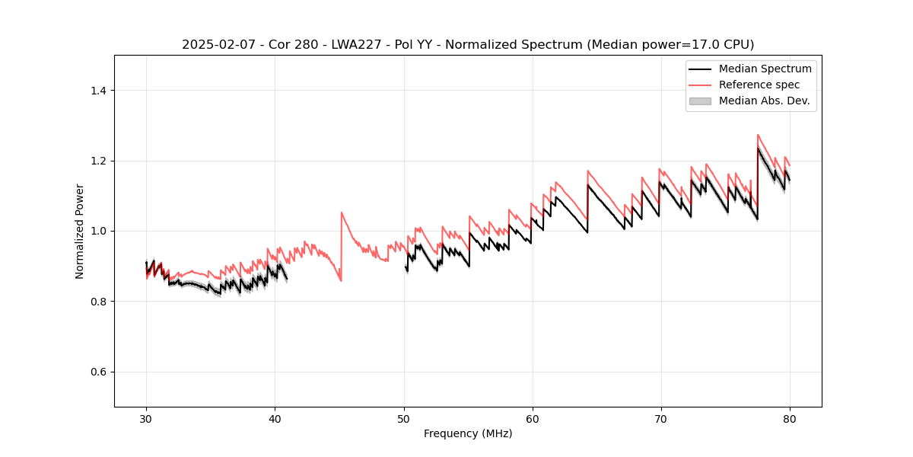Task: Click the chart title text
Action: pos(468,45)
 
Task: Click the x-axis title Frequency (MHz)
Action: pos(468,433)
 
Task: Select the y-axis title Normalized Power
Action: pos(79,231)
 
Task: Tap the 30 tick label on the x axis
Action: pos(146,418)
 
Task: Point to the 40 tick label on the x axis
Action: pos(275,418)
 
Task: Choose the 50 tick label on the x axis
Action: pos(404,418)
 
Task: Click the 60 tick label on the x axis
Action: pos(533,418)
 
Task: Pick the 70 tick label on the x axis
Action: pos(661,418)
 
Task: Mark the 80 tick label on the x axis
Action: pos(790,418)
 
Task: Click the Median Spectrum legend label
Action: pos(765,69)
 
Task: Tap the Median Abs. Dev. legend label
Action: pos(764,101)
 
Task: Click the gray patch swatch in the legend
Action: pos(700,101)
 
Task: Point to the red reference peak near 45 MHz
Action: pos(342,213)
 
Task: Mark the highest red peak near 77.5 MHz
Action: pos(758,135)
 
